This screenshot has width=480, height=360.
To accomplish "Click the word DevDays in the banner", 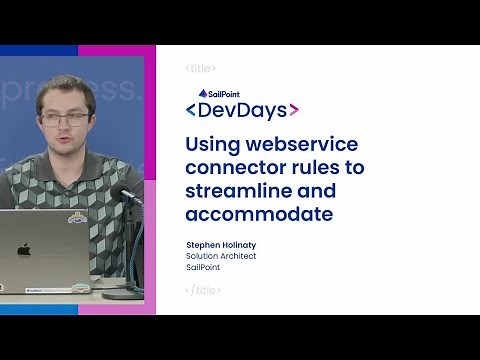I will (x=243, y=110).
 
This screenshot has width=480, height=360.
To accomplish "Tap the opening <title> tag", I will (x=201, y=68).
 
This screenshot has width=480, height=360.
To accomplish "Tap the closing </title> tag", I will (x=203, y=290).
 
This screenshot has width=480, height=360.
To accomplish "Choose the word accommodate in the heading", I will (x=257, y=214).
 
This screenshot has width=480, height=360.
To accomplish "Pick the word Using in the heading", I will (x=211, y=143).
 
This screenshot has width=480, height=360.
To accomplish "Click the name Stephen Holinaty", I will (x=222, y=244).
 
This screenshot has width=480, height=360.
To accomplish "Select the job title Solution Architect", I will (x=221, y=256).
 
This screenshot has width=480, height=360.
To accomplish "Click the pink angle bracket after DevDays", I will (x=292, y=111).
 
